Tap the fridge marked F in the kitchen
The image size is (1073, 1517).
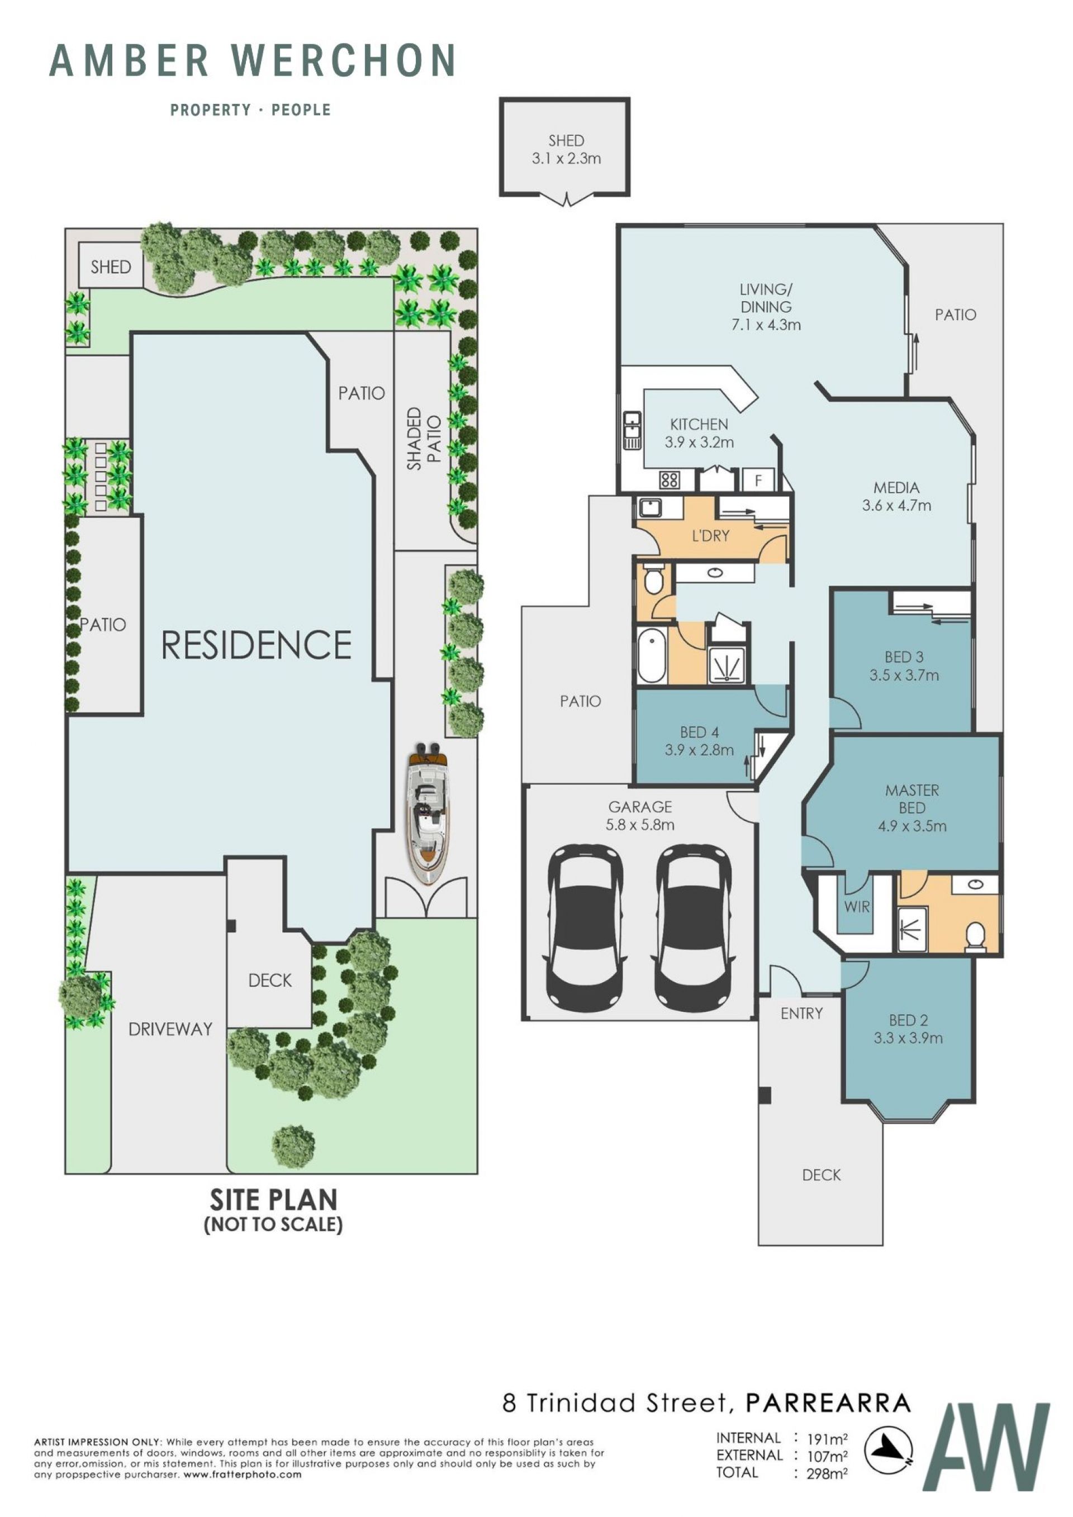pos(758,481)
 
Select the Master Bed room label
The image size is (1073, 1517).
pos(912,799)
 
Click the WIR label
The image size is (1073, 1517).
pos(856,907)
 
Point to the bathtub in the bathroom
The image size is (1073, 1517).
pos(652,656)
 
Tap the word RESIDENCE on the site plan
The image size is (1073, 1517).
pos(257,645)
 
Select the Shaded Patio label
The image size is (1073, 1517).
pos(424,438)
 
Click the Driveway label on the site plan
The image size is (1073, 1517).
pos(170,1029)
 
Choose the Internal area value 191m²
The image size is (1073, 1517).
pos(827,1439)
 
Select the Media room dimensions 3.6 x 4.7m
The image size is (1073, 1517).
pos(896,506)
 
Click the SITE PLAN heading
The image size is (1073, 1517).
pos(273,1199)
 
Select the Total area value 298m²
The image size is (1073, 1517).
pos(827,1473)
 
